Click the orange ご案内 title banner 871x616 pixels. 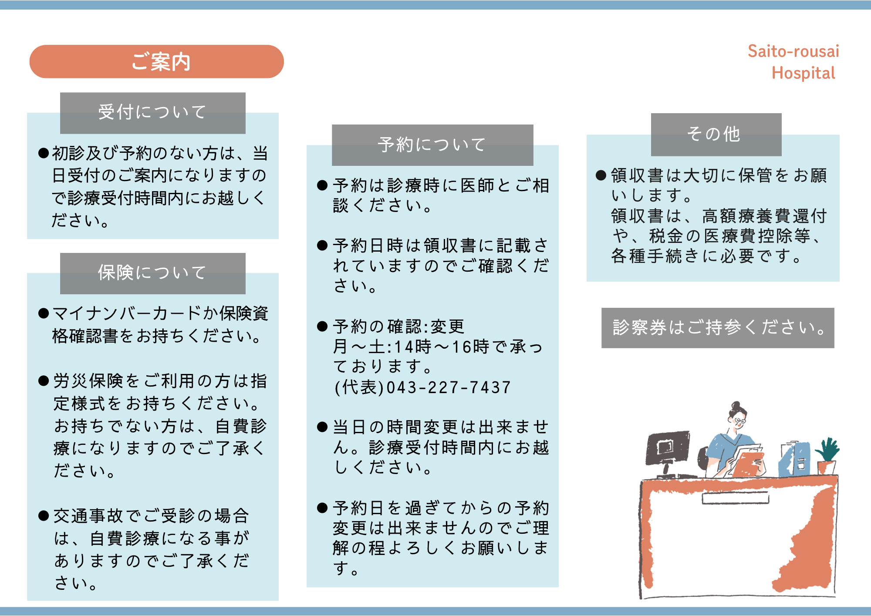tap(156, 61)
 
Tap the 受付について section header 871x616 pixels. tap(153, 113)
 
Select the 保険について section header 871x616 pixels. tap(153, 273)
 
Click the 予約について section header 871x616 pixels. tap(432, 145)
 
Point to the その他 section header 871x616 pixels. tap(716, 135)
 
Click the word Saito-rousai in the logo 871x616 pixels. tap(793, 51)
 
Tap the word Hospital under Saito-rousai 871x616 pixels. tap(803, 73)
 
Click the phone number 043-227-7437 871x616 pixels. tap(449, 387)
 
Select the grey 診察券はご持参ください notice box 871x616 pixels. tap(718, 328)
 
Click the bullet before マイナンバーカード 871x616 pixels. tap(43, 313)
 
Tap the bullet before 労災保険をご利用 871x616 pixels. tap(43, 381)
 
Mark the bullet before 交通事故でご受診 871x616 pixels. tap(43, 516)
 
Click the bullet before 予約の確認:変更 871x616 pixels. tap(322, 327)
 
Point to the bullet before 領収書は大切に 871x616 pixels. tap(601, 175)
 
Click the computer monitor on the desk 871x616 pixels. tap(668, 448)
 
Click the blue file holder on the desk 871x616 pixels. tap(795, 459)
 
